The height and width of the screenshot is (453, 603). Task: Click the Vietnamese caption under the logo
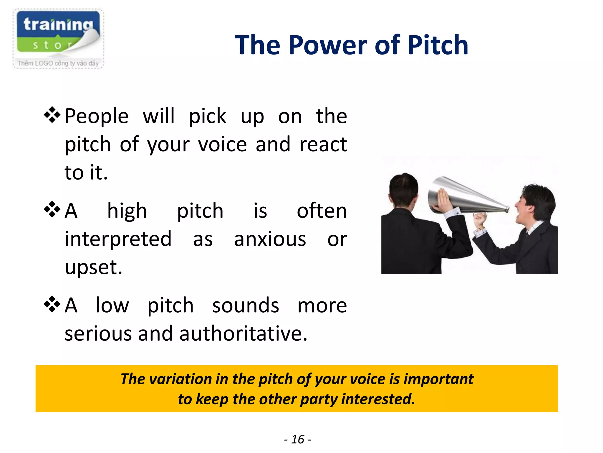58,63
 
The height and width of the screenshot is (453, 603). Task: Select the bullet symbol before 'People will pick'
52,115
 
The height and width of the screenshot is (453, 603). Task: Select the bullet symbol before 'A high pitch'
52,209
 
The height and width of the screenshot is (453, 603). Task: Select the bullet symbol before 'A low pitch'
52,304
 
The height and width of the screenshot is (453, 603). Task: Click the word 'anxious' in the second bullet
270,239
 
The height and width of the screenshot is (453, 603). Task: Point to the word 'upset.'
93,267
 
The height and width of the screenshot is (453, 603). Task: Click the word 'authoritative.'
243,334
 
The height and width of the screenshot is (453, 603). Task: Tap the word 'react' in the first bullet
323,145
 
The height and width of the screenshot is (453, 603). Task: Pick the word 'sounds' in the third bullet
246,306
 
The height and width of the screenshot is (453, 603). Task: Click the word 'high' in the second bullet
127,211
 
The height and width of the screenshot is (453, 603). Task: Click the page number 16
298,439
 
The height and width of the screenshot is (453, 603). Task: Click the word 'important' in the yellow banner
438,379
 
